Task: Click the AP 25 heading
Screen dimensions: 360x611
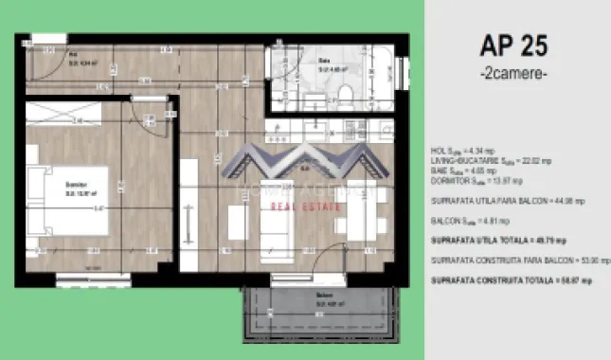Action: (x=512, y=45)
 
